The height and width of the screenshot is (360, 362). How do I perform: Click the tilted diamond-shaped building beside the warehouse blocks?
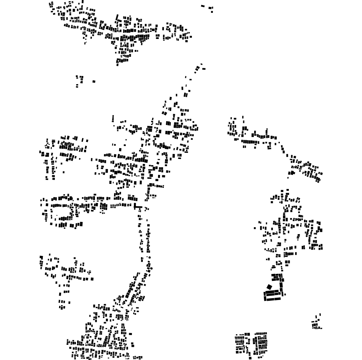pos(269,287)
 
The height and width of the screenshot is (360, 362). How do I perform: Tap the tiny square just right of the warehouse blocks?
pos(285,295)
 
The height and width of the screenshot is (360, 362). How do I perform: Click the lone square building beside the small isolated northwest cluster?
pos(94,81)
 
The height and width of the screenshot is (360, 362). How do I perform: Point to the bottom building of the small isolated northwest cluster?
pos(77,86)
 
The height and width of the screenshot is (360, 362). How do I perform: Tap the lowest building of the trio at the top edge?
pos(212,11)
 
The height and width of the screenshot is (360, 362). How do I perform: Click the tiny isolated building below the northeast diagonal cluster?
pos(288,178)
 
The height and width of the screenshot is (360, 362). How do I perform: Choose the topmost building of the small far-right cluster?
pos(320,314)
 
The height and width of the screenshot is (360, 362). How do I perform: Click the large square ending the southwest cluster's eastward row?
pos(92,279)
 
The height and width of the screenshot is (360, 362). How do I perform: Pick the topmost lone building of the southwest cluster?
pos(50,255)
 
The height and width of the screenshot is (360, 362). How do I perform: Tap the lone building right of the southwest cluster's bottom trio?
pos(70,302)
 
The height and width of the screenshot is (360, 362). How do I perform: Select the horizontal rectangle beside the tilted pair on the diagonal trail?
pos(203,69)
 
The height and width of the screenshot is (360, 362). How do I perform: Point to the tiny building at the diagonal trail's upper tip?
pos(201,64)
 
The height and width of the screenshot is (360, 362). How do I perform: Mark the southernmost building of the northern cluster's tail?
pos(118,65)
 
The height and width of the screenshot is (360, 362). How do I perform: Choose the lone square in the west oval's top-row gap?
pos(78,199)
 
